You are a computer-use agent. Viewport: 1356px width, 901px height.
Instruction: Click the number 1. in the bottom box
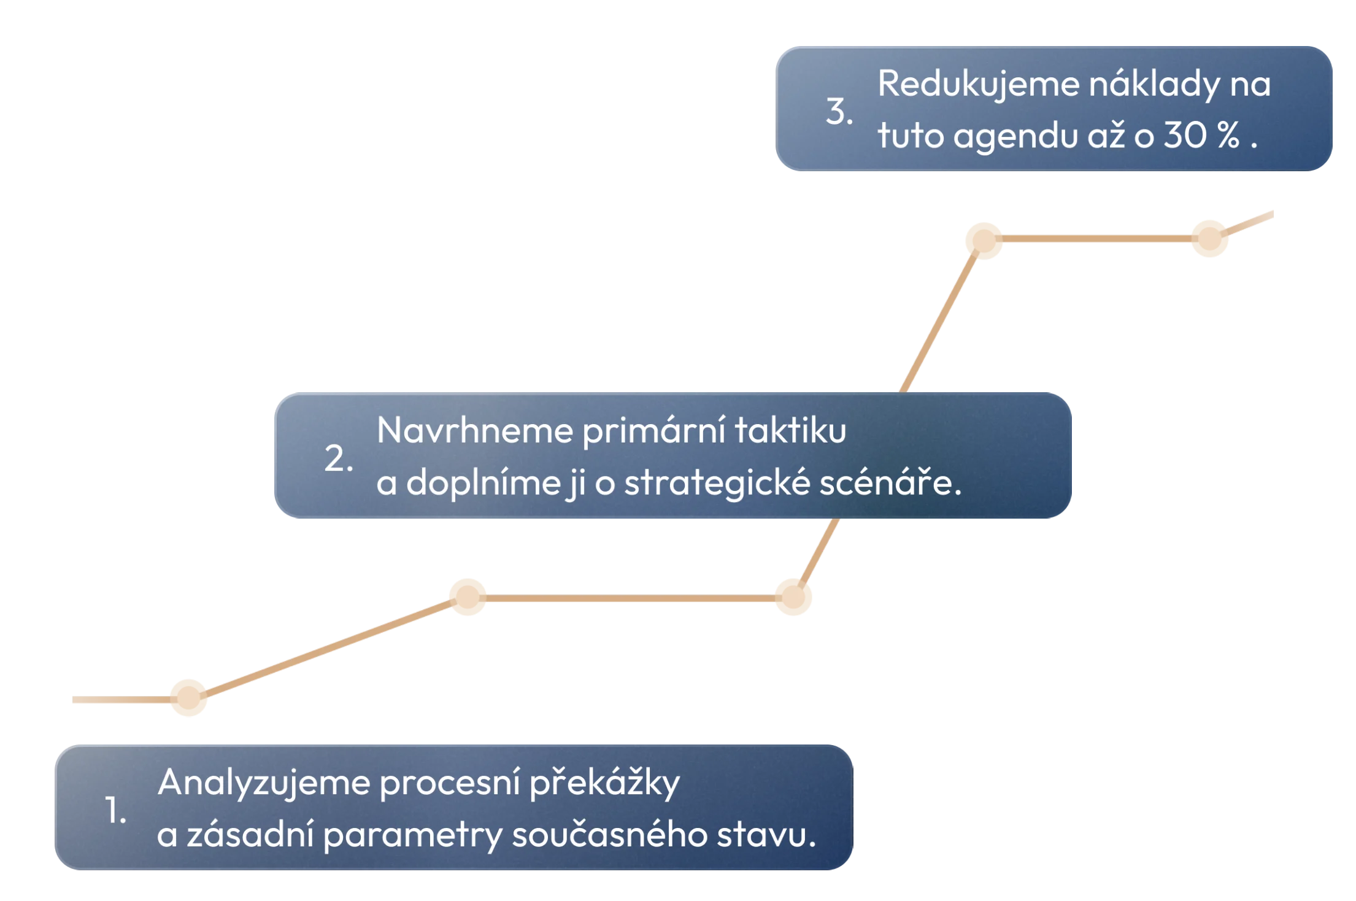(115, 811)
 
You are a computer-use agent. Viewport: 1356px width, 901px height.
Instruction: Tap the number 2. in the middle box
(338, 459)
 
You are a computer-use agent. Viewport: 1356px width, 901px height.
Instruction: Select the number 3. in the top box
(839, 112)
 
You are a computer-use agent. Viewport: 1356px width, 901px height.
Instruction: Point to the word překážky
(604, 784)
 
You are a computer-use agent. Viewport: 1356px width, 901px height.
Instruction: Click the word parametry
(412, 837)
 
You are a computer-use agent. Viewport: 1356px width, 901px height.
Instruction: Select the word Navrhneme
(474, 430)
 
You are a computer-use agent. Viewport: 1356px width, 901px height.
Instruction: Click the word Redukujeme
(978, 84)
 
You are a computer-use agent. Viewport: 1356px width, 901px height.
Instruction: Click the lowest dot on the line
(189, 698)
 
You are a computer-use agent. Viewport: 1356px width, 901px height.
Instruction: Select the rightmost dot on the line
(1209, 238)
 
